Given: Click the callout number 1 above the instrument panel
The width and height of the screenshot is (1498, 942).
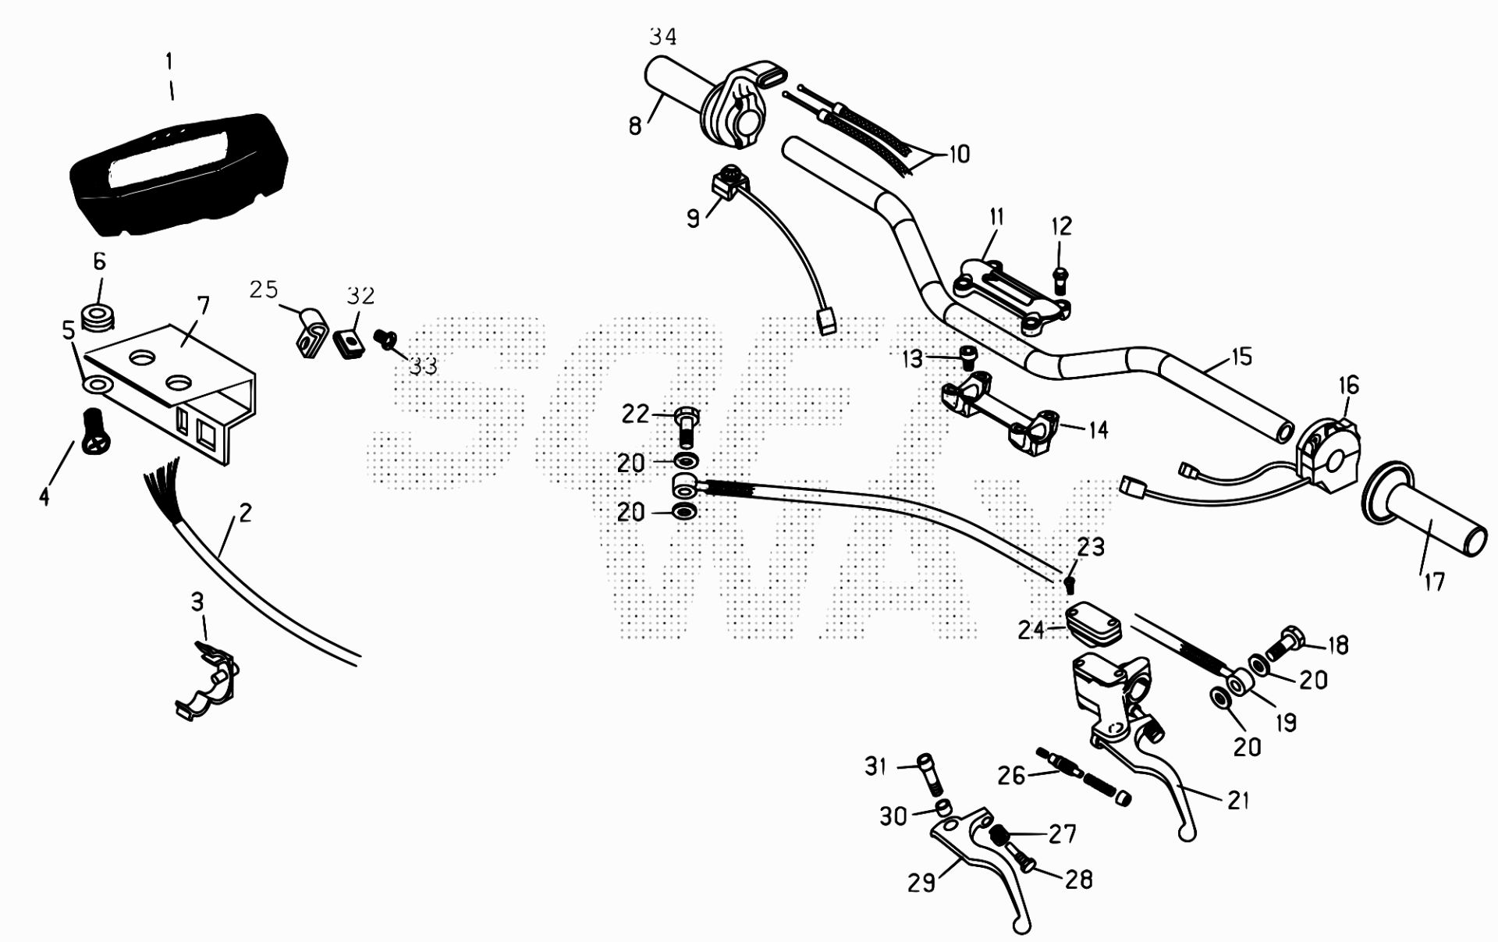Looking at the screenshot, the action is click(x=169, y=62).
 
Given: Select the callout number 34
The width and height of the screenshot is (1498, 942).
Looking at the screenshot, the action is click(x=662, y=37).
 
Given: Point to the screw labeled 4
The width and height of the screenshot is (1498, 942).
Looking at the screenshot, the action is click(x=96, y=431).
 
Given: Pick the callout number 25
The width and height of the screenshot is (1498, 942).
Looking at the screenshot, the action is click(x=264, y=290).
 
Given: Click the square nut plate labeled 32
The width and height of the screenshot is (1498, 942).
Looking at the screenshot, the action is click(x=350, y=342).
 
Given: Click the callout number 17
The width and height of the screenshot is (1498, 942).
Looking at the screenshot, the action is click(x=1434, y=581).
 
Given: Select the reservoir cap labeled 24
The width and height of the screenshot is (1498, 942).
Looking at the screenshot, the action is click(x=1093, y=624).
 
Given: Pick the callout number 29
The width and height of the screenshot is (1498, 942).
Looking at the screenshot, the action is click(x=921, y=883).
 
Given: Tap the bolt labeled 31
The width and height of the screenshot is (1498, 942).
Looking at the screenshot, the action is click(x=928, y=774).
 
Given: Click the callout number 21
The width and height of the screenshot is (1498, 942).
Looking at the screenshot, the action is click(x=1238, y=801).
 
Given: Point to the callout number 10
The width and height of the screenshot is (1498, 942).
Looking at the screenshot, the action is click(x=959, y=154).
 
